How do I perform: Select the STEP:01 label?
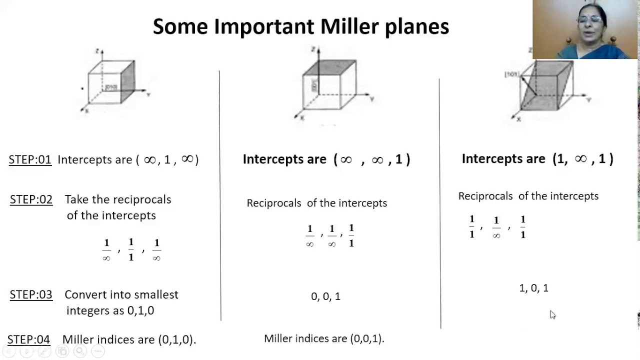[30, 160]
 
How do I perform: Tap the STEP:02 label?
[31, 199]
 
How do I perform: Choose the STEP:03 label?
[31, 295]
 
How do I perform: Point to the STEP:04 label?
[28, 339]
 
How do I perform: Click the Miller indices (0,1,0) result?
[129, 339]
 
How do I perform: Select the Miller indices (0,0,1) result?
[324, 338]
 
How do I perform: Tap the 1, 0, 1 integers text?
[533, 288]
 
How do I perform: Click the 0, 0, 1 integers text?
[325, 296]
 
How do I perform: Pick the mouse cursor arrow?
[552, 314]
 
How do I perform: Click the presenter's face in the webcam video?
[588, 22]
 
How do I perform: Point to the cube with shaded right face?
[111, 81]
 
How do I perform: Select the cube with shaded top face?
[329, 84]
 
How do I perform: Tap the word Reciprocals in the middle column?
[273, 203]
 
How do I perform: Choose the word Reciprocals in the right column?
[485, 196]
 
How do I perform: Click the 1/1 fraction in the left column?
[131, 249]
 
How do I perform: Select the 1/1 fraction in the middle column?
[351, 235]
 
